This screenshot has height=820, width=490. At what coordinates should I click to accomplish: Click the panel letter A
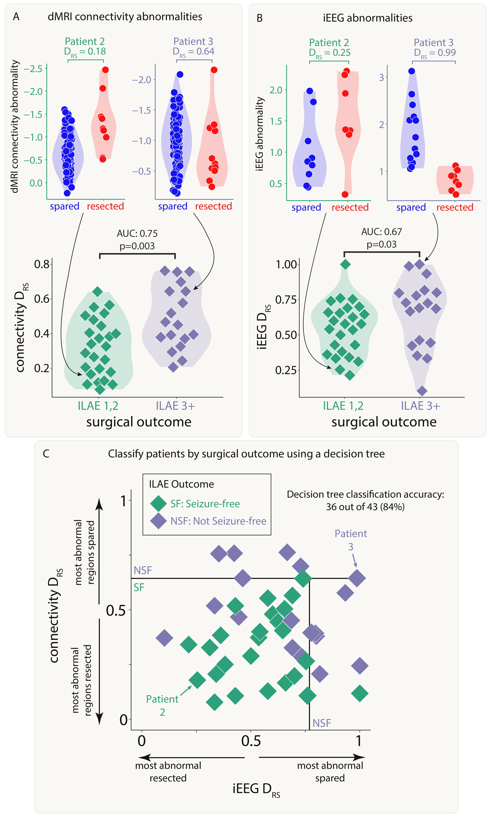[16, 17]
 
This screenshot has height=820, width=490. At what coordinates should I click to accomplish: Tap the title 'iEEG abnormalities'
[367, 18]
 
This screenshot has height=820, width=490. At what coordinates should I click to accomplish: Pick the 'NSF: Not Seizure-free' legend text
[218, 521]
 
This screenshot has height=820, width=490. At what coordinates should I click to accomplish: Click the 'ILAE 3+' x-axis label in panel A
[175, 405]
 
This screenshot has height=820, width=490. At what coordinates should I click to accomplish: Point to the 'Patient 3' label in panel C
[351, 540]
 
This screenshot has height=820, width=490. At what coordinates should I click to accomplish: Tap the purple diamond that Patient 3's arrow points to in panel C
[357, 578]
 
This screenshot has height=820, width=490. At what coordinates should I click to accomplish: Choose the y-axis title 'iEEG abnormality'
[260, 134]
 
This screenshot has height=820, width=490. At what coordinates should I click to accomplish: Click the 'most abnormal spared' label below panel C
[330, 771]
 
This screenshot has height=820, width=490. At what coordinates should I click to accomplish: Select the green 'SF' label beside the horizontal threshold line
[139, 587]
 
